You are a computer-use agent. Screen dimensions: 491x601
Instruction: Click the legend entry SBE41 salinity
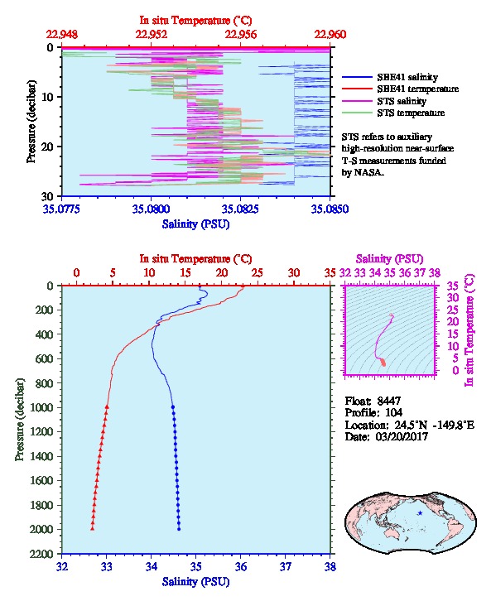407,77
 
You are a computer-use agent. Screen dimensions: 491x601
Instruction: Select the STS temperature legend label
411,113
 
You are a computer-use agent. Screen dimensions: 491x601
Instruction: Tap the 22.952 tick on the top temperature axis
152,35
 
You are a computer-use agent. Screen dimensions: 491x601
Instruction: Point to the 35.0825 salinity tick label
240,209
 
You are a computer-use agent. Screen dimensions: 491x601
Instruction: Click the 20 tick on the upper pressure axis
47,147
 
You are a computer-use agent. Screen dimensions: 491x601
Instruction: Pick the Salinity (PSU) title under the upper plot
195,224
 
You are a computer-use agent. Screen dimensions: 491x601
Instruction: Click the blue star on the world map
420,513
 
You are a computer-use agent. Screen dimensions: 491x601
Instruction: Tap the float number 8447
388,401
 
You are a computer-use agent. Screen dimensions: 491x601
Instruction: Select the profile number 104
393,413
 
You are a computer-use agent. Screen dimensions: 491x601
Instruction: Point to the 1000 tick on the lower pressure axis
45,407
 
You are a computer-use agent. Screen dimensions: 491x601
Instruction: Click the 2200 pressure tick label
41,554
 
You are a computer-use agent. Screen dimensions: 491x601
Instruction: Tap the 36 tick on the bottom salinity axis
241,566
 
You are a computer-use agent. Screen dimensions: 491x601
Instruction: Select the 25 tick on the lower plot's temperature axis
258,273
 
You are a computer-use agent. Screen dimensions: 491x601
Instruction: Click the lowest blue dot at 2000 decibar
179,529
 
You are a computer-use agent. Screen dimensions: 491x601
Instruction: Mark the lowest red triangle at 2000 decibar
93,528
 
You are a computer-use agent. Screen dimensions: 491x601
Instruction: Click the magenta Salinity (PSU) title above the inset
389,259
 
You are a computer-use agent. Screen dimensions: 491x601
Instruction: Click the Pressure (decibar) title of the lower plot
19,420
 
